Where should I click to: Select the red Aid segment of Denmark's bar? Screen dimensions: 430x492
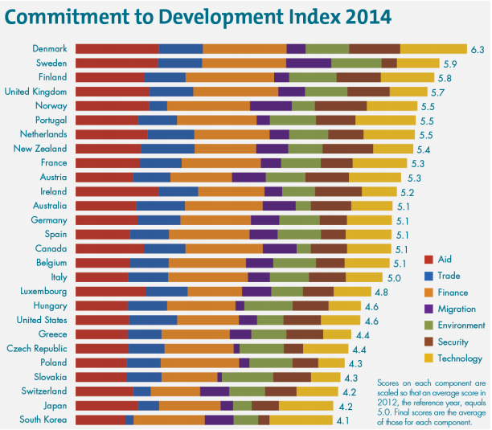coord(117,49)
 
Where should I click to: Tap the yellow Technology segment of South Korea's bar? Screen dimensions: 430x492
coord(301,420)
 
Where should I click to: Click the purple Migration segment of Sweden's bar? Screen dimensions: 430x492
coord(308,63)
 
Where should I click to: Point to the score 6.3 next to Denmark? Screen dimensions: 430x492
coord(477,49)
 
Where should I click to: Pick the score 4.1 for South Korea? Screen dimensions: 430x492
coord(343,420)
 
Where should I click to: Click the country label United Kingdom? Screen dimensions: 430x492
coord(35,92)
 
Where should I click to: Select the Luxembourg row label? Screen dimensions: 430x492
coord(40,291)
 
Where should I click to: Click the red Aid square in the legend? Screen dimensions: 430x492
coord(428,259)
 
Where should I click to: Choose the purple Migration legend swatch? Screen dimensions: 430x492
coord(428,309)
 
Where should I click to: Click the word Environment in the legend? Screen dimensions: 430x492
coord(461,326)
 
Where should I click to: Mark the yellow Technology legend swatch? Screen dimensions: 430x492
coord(428,358)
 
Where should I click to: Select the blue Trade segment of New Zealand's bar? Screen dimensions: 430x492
coord(167,149)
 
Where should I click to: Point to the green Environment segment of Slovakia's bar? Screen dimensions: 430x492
coord(247,377)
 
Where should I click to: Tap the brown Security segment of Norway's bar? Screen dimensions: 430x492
coord(341,106)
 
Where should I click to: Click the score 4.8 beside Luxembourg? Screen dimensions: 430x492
coord(382,291)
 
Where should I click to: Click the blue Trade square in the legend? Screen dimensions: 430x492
coord(428,276)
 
